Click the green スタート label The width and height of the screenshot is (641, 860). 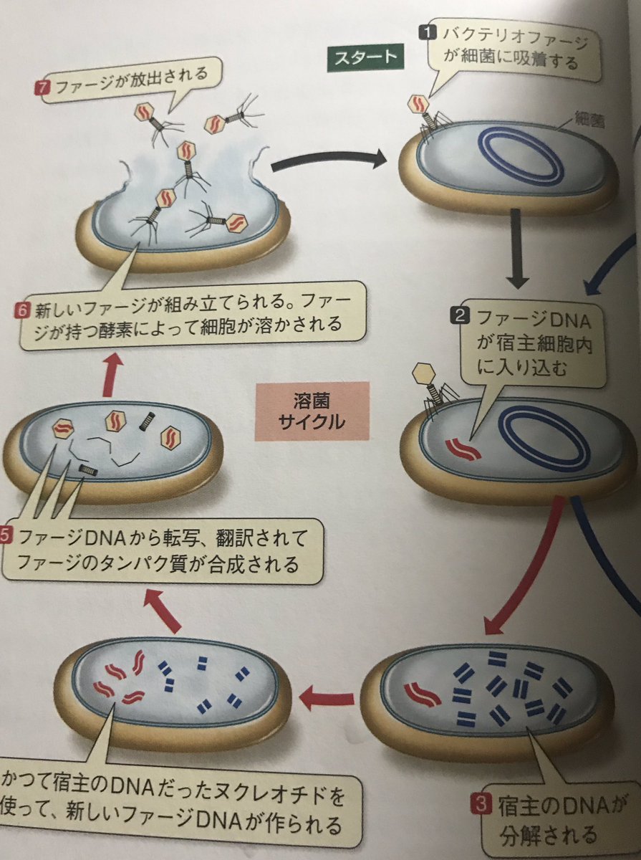click(365, 58)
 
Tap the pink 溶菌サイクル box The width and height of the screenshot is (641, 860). click(312, 411)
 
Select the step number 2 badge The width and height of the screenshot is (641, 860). click(461, 316)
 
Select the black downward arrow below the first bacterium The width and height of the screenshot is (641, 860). click(517, 249)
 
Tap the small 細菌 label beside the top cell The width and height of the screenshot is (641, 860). click(589, 120)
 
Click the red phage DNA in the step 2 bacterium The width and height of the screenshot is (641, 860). click(463, 449)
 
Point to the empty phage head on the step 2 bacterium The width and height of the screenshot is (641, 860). click(425, 374)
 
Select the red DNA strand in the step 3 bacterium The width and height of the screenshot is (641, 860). click(422, 694)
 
